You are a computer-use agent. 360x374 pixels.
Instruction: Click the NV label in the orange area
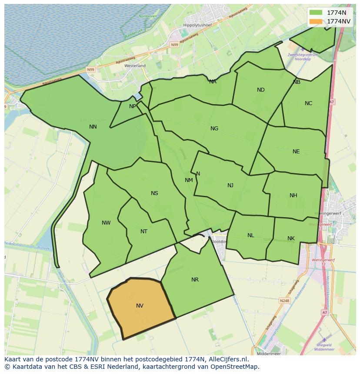140,306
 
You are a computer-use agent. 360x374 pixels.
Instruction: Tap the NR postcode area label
195,280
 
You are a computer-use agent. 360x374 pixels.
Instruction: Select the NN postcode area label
93,127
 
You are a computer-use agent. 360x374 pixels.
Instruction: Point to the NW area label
106,223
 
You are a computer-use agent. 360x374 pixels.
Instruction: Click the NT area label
144,232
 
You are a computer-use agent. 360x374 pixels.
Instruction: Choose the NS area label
154,193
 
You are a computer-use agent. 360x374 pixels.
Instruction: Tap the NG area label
214,129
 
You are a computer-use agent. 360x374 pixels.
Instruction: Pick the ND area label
261,90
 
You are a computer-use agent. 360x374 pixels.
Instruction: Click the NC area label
308,103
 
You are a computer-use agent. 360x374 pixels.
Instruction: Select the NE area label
296,152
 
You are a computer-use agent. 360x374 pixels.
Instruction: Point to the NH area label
293,195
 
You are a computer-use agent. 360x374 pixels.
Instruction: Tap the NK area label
291,238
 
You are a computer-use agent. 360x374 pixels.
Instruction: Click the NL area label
251,235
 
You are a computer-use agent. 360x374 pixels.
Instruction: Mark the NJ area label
230,185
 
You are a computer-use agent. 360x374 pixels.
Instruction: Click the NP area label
133,106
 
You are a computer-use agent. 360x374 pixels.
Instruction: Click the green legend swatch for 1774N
316,13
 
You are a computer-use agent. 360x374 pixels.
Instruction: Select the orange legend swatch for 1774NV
316,21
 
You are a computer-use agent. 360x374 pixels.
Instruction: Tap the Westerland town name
135,66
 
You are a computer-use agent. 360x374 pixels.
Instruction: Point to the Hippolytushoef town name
197,26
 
